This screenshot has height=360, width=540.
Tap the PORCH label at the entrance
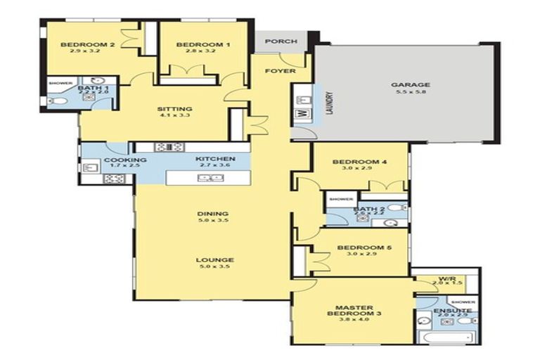point(281,41)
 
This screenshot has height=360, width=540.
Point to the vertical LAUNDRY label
point(328,103)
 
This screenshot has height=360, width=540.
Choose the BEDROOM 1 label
point(194,46)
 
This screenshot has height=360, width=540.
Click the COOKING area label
point(125,160)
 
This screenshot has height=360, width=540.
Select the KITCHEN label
point(214,160)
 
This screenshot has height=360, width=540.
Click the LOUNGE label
point(214,260)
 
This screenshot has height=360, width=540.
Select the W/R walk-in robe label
point(447,279)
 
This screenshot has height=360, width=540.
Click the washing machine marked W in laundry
point(304,112)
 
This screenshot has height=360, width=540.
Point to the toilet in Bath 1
point(58,102)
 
